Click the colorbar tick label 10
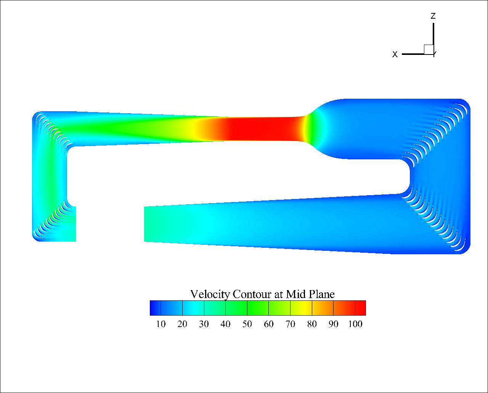click(161, 324)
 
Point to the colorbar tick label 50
click(247, 324)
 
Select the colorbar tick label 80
click(312, 324)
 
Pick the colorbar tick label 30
click(204, 324)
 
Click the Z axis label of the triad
click(433, 16)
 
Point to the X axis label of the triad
click(395, 55)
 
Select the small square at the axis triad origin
click(429, 49)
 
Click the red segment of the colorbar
click(360, 308)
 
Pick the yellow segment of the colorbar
click(301, 308)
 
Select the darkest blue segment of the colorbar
click(155, 308)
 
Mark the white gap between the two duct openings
click(110, 224)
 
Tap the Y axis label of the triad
click(434, 55)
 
